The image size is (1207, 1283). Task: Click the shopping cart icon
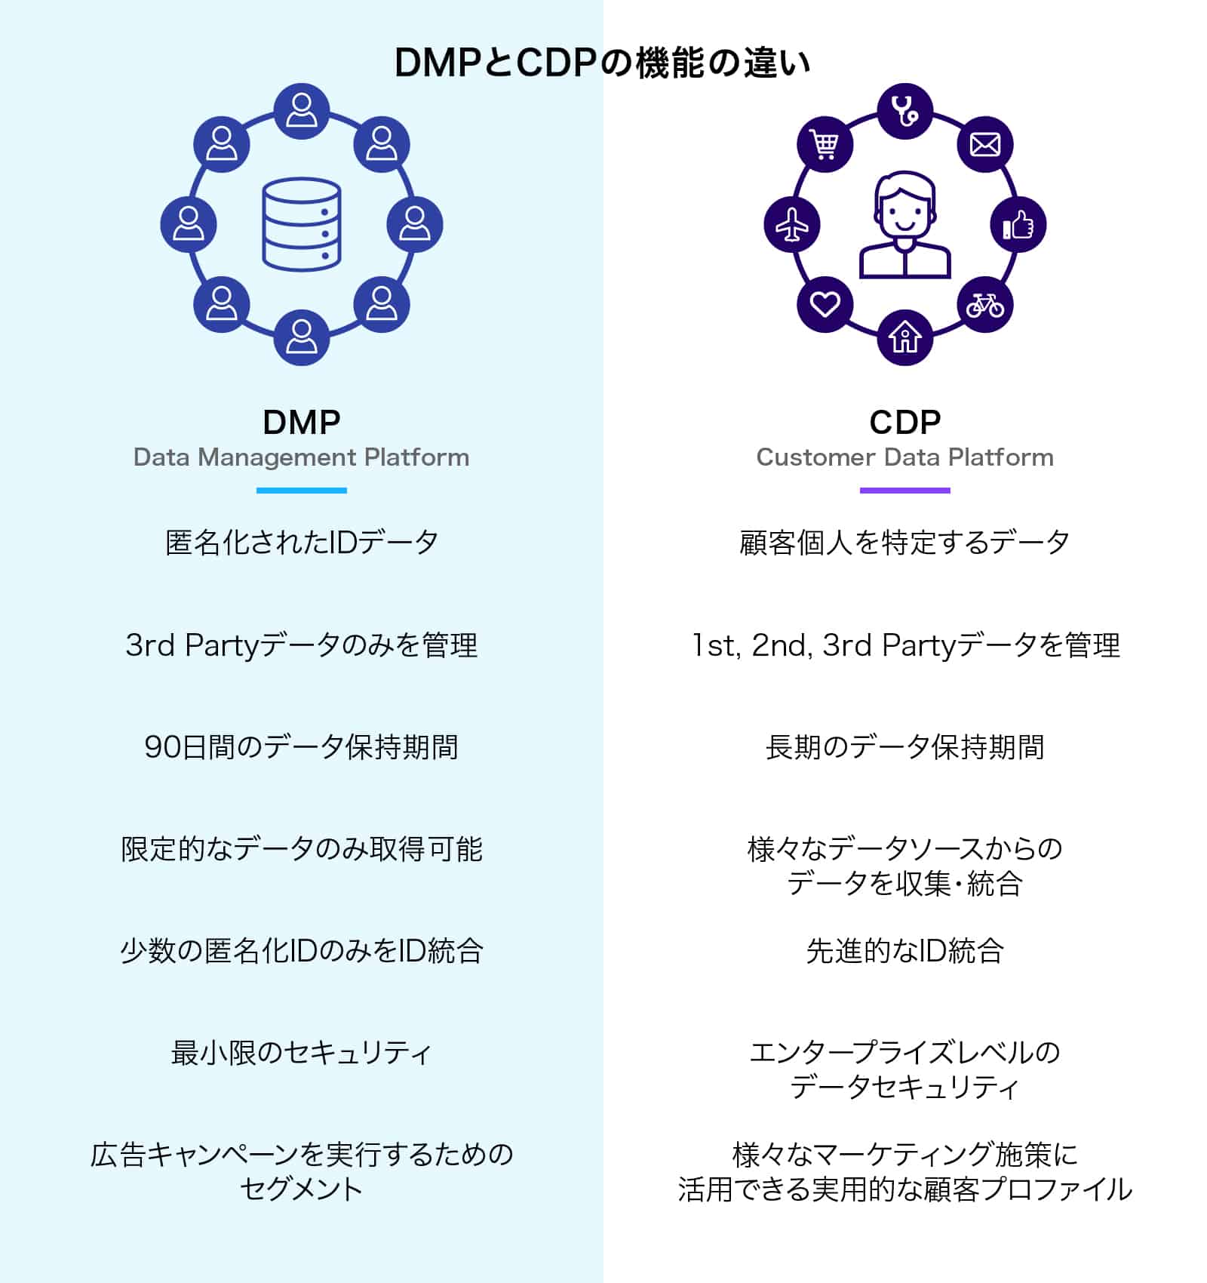pyautogui.click(x=825, y=144)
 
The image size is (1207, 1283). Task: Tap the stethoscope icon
pyautogui.click(x=904, y=112)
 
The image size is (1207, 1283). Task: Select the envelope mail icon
pyautogui.click(x=984, y=144)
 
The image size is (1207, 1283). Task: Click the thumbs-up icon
pyautogui.click(x=1018, y=225)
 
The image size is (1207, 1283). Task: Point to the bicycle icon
pyautogui.click(x=984, y=305)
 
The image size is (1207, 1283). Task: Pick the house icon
pyautogui.click(x=904, y=337)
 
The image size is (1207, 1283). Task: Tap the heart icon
pyautogui.click(x=825, y=305)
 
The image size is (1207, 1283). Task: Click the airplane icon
pyautogui.click(x=792, y=225)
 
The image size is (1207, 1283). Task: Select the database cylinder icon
pyautogui.click(x=301, y=224)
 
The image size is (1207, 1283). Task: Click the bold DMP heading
pyautogui.click(x=301, y=422)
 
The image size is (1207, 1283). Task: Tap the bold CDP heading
pyautogui.click(x=904, y=422)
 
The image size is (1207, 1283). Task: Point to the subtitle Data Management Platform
pyautogui.click(x=301, y=457)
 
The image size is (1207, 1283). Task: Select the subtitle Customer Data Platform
pyautogui.click(x=904, y=457)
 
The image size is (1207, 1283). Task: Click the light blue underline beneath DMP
pyautogui.click(x=301, y=491)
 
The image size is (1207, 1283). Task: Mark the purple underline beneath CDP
pyautogui.click(x=904, y=491)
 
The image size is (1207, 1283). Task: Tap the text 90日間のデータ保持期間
pyautogui.click(x=301, y=747)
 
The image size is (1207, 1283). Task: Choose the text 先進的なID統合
pyautogui.click(x=904, y=951)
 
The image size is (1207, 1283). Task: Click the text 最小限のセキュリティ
pyautogui.click(x=301, y=1053)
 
